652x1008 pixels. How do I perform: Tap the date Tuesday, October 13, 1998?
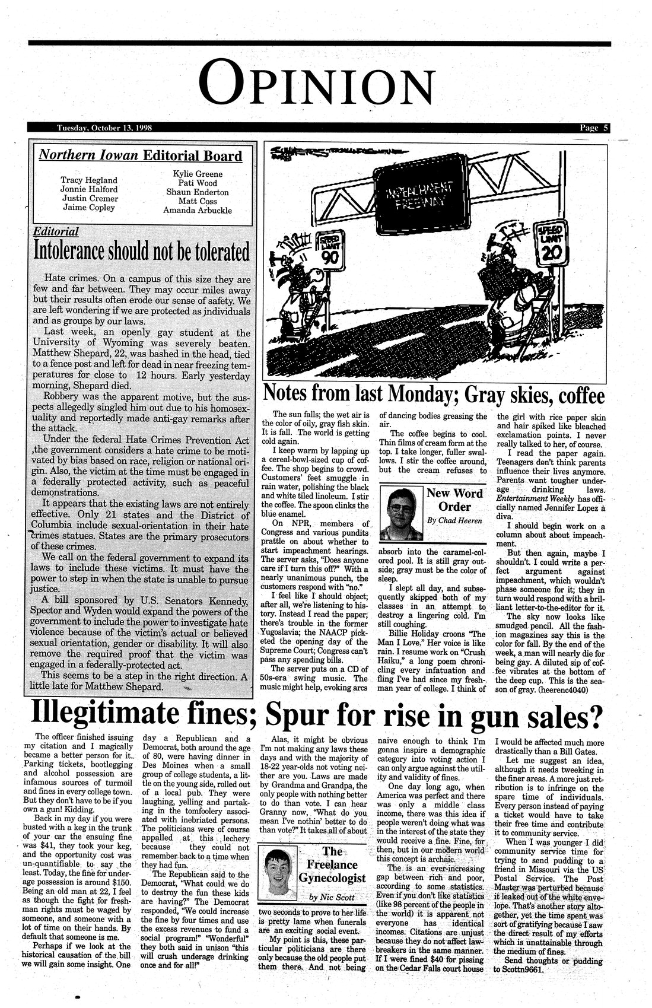[104, 128]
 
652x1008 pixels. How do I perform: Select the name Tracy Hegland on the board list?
[89, 180]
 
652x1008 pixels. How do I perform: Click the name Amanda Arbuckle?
[198, 210]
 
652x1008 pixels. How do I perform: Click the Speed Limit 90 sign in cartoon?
[329, 250]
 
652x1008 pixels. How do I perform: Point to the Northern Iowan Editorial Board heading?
[140, 156]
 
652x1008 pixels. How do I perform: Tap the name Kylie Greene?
[198, 174]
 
